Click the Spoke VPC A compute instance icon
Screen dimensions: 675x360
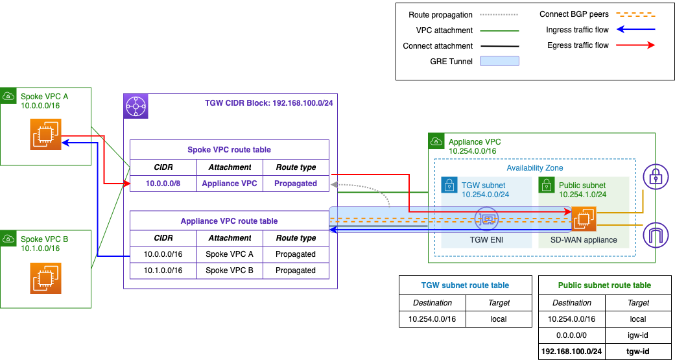pos(45,135)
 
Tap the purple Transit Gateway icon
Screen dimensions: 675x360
pos(136,106)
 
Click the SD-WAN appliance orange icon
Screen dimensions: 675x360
pos(584,219)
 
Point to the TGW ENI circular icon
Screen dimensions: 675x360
pos(487,219)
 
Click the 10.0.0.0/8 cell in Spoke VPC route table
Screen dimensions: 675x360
pos(163,184)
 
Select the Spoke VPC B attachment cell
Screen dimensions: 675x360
pos(230,270)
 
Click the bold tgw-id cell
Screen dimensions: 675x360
pos(638,352)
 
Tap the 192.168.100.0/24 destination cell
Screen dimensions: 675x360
pos(572,352)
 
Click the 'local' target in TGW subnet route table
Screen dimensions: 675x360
pos(499,319)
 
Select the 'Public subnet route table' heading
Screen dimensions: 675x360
pos(605,285)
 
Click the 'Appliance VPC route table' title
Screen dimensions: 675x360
pos(230,221)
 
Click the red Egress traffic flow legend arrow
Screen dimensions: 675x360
pos(635,45)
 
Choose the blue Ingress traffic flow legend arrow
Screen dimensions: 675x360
pos(635,29)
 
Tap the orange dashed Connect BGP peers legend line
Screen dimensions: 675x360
pos(635,15)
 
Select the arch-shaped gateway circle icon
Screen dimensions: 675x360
pos(656,235)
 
